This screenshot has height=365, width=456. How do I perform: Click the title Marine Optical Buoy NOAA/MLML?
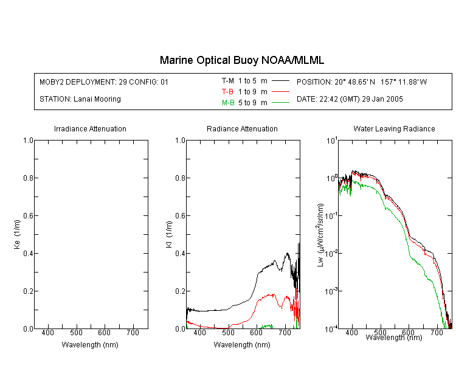241,60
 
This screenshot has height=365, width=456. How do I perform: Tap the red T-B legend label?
227,92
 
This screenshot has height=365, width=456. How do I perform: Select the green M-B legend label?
228,103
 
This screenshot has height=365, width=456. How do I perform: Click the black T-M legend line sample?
280,81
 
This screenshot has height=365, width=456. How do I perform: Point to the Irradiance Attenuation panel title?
90,128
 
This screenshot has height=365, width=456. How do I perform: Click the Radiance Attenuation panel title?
242,128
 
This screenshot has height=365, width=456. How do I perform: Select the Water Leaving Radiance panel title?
394,128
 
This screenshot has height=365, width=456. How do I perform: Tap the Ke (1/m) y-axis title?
17,234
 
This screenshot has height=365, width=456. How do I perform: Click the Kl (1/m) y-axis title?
169,234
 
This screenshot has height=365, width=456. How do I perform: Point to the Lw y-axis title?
320,235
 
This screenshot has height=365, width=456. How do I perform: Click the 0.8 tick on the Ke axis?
28,178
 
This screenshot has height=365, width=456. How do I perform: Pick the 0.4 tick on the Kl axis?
181,254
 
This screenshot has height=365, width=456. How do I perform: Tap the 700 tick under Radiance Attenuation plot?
285,333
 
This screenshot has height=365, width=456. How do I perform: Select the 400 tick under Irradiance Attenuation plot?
47,333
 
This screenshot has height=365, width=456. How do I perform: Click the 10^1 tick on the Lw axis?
332,141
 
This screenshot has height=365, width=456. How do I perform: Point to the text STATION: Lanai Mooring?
80,99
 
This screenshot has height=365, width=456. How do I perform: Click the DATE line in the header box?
350,99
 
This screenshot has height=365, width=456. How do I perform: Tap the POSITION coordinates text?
362,82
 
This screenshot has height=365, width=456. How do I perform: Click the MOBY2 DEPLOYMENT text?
104,82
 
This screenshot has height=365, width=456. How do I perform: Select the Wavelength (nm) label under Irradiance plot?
90,345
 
